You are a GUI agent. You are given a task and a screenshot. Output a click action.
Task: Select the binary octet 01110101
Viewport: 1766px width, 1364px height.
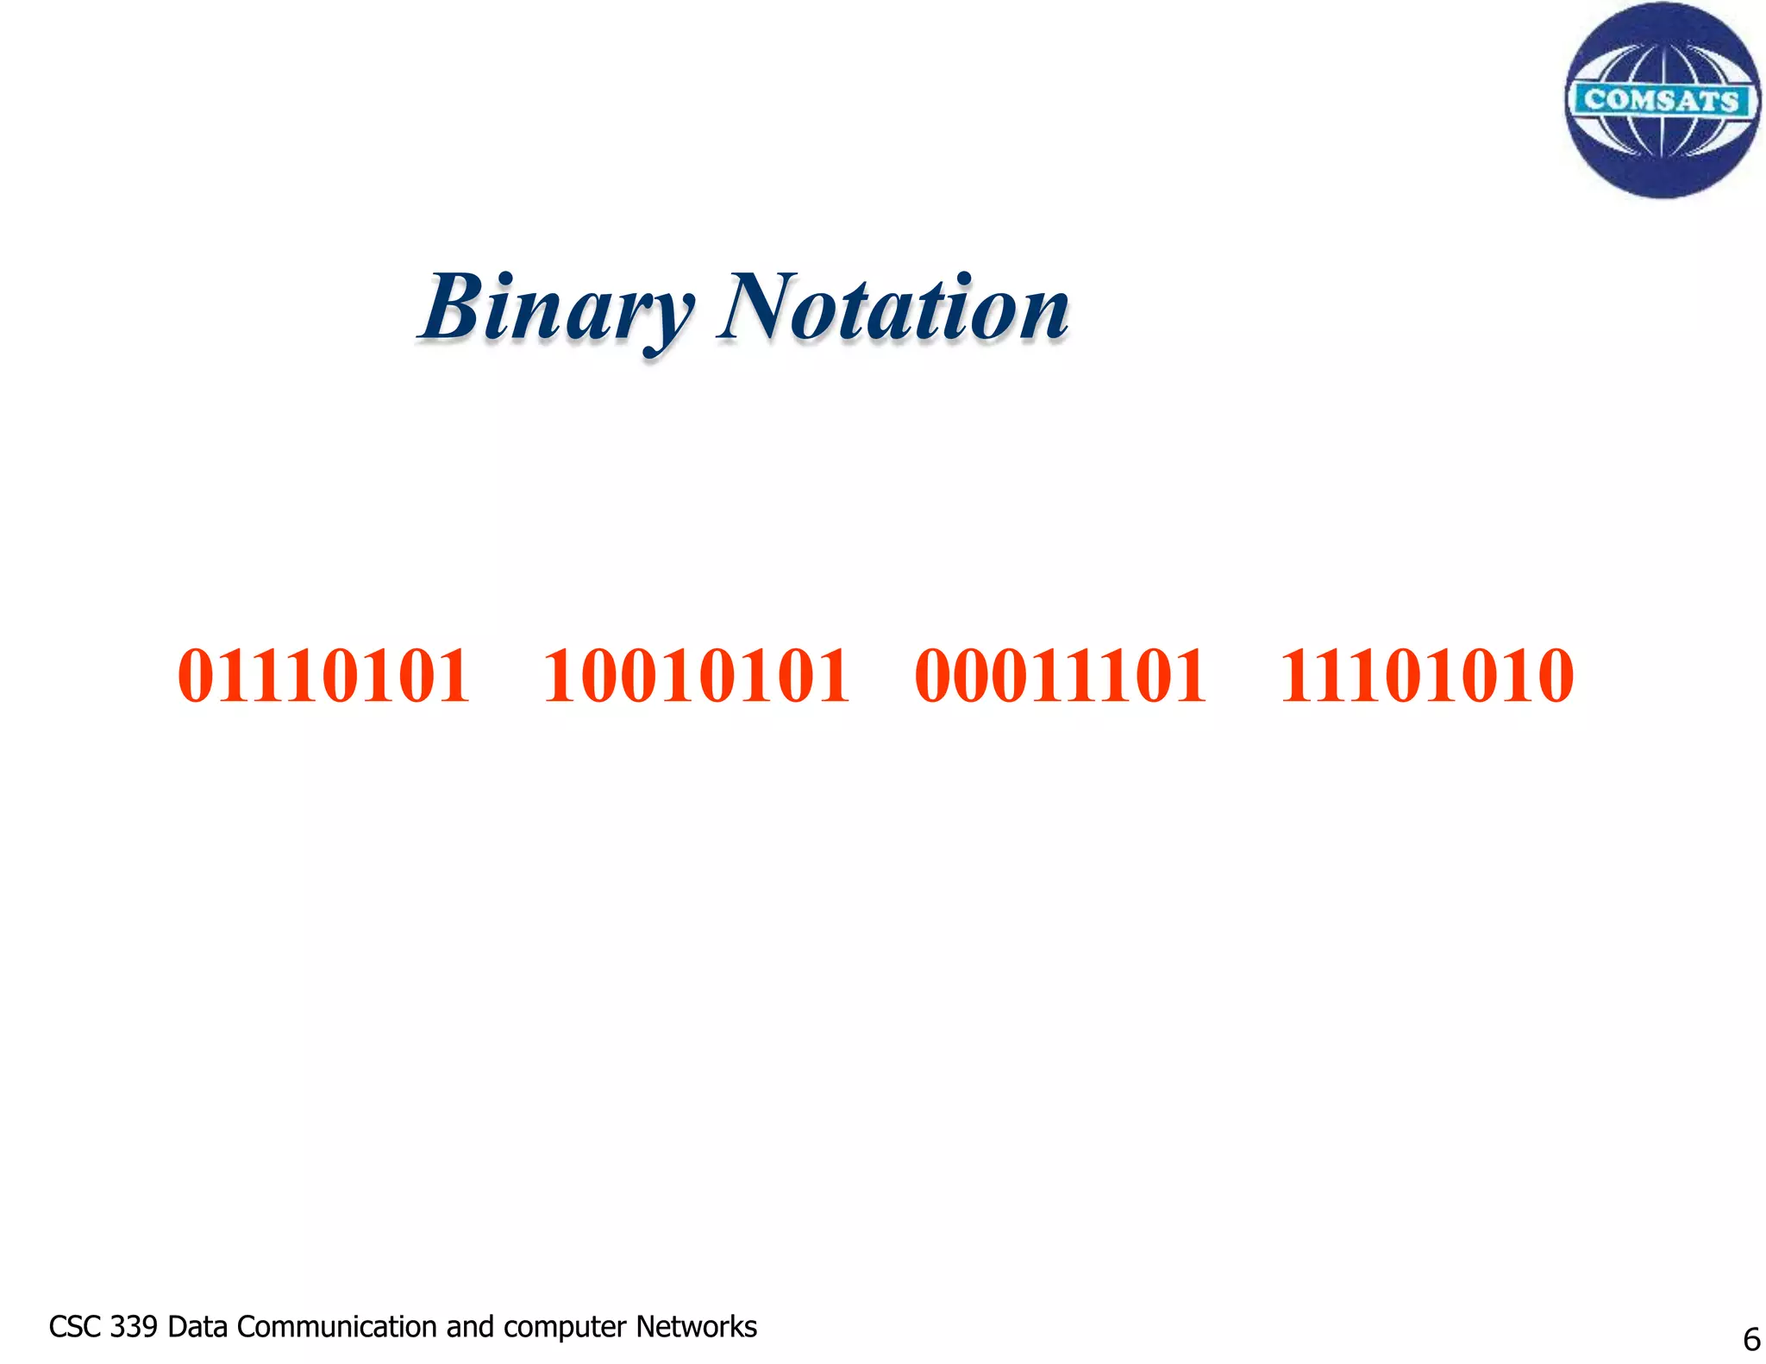pyautogui.click(x=323, y=677)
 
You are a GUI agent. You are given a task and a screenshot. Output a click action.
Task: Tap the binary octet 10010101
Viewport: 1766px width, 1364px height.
pyautogui.click(x=697, y=677)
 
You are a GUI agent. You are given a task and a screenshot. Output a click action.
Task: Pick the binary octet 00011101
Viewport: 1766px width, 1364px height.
pyautogui.click(x=1060, y=677)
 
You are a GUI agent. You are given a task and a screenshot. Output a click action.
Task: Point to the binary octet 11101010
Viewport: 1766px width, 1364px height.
pyautogui.click(x=1426, y=677)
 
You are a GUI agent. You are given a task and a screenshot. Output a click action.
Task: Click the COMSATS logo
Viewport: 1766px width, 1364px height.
pyautogui.click(x=1662, y=101)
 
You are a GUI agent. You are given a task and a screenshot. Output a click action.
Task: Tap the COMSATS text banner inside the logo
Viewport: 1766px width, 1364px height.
pyautogui.click(x=1661, y=100)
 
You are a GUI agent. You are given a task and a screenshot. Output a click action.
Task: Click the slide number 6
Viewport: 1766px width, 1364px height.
pyautogui.click(x=1751, y=1339)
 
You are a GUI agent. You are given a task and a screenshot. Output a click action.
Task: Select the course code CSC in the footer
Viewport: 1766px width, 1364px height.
pyautogui.click(x=75, y=1326)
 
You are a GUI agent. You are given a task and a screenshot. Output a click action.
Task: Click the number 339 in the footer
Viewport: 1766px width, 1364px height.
pyautogui.click(x=135, y=1326)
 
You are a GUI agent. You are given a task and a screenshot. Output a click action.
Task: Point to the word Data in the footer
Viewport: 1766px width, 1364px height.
pyautogui.click(x=198, y=1326)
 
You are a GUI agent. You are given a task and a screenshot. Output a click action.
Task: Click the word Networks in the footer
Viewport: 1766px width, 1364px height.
pyautogui.click(x=696, y=1326)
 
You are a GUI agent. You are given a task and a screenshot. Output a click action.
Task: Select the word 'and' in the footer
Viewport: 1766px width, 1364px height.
pyautogui.click(x=470, y=1326)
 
